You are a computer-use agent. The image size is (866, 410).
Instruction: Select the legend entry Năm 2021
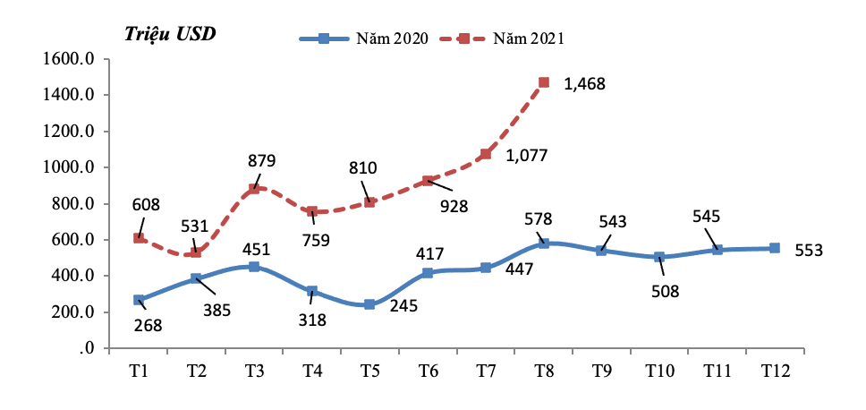(x=528, y=38)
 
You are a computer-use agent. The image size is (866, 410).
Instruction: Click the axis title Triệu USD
(x=170, y=34)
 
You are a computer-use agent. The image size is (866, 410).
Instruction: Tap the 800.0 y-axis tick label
(x=72, y=203)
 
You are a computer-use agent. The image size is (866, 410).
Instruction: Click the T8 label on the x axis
(x=544, y=370)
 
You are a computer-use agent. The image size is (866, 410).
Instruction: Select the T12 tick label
(x=774, y=370)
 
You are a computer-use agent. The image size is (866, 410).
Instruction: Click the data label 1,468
(x=584, y=84)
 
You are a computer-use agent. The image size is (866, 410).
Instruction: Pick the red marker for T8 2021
(x=544, y=82)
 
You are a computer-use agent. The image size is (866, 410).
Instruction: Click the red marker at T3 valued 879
(x=254, y=188)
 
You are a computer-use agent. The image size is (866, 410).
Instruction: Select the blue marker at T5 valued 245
(x=369, y=304)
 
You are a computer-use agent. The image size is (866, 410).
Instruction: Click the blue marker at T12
(x=775, y=248)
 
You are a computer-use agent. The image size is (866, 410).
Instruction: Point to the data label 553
(x=808, y=251)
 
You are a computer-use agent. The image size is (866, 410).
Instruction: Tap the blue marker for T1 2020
(x=139, y=300)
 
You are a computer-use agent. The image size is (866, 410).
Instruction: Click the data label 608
(x=146, y=205)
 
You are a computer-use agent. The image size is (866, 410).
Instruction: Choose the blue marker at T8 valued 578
(x=544, y=243)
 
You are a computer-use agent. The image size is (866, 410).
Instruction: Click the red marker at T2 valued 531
(x=196, y=252)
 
